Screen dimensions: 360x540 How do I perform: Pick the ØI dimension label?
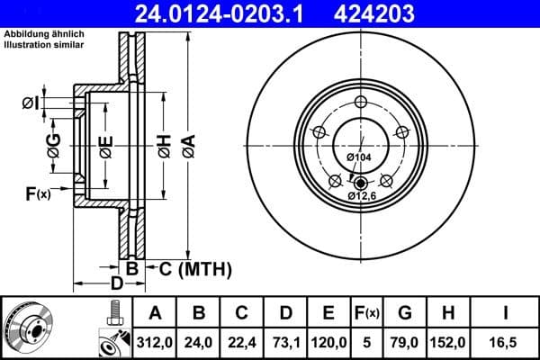coord(31,103)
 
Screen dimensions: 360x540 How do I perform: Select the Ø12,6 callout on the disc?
coord(363,195)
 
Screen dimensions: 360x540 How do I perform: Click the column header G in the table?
coord(405,312)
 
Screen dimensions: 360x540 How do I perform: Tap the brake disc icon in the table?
coord(26,327)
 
